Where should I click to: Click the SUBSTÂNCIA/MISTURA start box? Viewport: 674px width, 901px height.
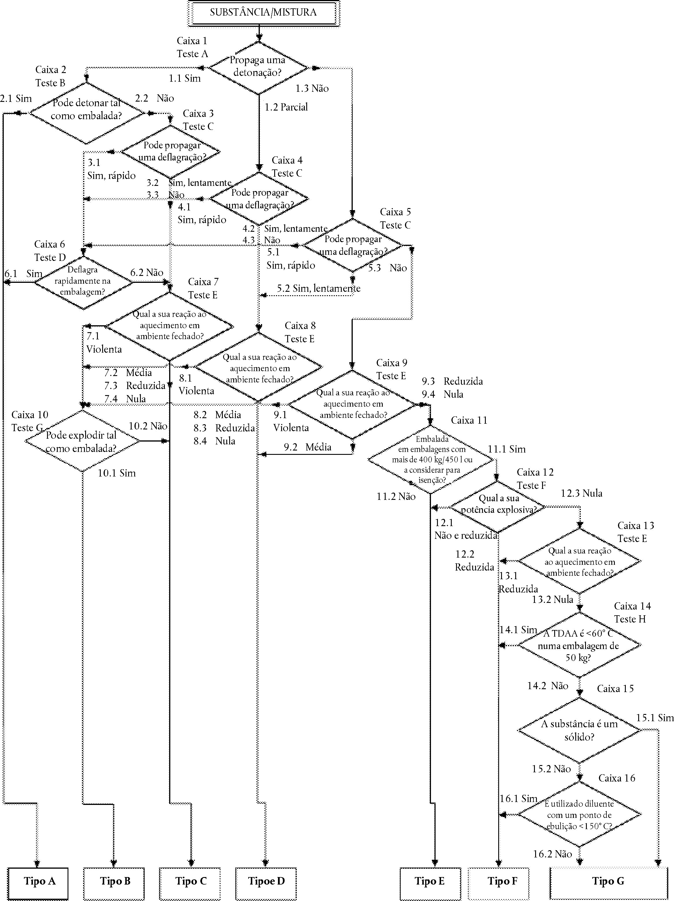263,14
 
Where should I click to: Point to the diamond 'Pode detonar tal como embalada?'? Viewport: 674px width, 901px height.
86,113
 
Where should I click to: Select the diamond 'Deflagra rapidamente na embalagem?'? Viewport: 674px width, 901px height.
83,282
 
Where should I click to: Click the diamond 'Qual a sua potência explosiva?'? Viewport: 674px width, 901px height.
498,507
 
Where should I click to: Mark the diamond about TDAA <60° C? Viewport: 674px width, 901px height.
579,645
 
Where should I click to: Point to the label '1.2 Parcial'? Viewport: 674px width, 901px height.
286,107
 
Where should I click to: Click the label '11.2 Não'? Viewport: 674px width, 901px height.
396,496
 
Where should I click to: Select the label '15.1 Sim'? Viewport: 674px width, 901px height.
655,718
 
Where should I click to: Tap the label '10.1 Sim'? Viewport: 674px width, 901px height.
117,473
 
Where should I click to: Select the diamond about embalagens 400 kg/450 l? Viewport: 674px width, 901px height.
432,460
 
